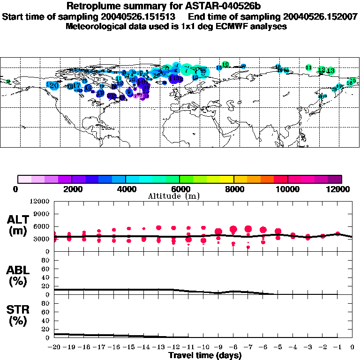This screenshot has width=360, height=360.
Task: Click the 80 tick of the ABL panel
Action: pos(45,264)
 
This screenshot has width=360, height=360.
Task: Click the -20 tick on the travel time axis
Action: pos(54,347)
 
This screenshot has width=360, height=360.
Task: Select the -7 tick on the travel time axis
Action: pos(248,347)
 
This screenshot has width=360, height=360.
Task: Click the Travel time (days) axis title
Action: pos(205,356)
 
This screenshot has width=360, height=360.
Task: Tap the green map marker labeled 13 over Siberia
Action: pos(330,71)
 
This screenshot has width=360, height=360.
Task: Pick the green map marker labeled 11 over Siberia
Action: pos(308,67)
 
